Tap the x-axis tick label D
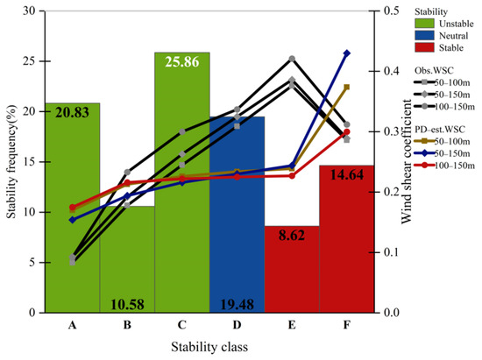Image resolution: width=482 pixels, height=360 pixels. click(237, 325)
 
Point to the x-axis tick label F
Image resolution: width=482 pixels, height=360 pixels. click(347, 325)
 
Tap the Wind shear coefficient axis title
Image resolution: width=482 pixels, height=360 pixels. click(408, 162)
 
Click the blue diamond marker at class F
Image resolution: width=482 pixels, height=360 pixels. click(347, 53)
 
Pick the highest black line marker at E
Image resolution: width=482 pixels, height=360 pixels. click(292, 59)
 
